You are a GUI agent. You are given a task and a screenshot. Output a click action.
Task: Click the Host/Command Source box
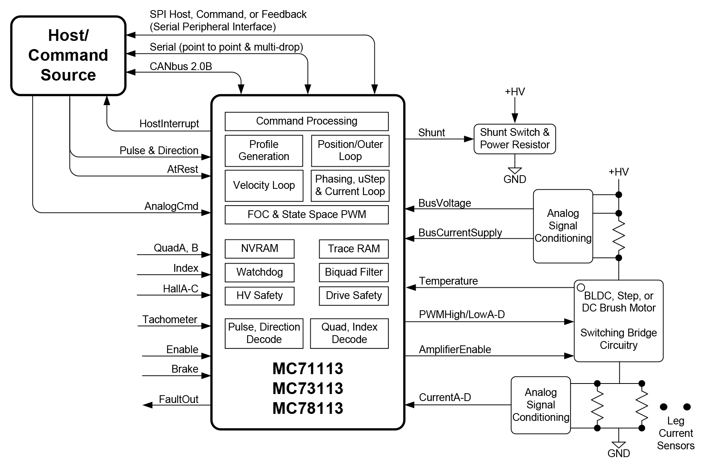[68, 56]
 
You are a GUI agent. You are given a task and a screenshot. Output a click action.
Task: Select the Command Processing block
[306, 121]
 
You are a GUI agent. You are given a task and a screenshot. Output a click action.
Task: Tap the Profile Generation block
[264, 151]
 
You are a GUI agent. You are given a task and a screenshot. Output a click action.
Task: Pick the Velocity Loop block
[264, 185]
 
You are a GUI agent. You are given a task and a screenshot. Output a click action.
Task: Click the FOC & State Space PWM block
[306, 215]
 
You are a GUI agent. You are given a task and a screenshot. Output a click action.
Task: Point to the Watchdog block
[259, 272]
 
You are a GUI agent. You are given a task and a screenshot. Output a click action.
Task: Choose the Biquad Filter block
[353, 272]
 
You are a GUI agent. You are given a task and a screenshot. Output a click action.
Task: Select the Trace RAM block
[353, 249]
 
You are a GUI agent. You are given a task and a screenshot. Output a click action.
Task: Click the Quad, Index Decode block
[349, 333]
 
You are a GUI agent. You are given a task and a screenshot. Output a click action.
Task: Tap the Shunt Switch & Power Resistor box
[514, 139]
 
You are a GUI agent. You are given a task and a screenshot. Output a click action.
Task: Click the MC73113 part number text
[308, 388]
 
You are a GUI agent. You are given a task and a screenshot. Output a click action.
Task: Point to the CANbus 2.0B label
[181, 67]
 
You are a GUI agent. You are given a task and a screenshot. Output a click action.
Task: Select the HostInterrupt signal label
[169, 124]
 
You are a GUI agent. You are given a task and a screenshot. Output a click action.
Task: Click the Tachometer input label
[170, 320]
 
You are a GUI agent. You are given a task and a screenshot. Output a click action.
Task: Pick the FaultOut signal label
[178, 399]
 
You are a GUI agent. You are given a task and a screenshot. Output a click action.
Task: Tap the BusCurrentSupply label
[460, 233]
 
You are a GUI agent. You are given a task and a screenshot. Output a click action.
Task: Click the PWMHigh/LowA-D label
[462, 315]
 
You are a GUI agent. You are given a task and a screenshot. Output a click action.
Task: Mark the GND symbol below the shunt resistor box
[514, 175]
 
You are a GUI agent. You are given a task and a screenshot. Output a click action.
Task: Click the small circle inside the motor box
[581, 288]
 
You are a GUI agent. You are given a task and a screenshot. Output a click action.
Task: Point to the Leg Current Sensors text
[675, 433]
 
